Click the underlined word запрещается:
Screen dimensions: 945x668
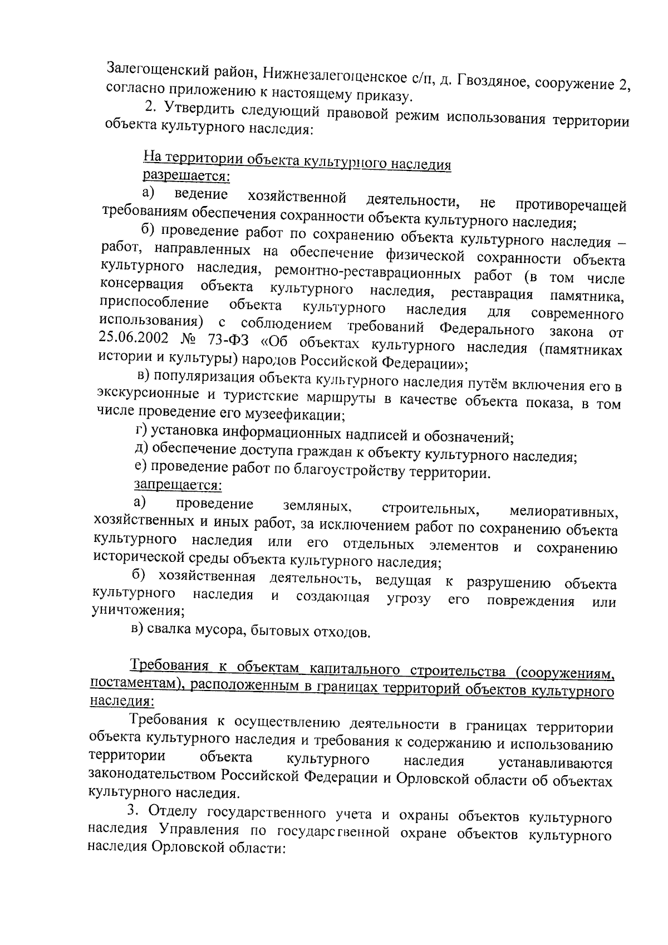tap(178, 484)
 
